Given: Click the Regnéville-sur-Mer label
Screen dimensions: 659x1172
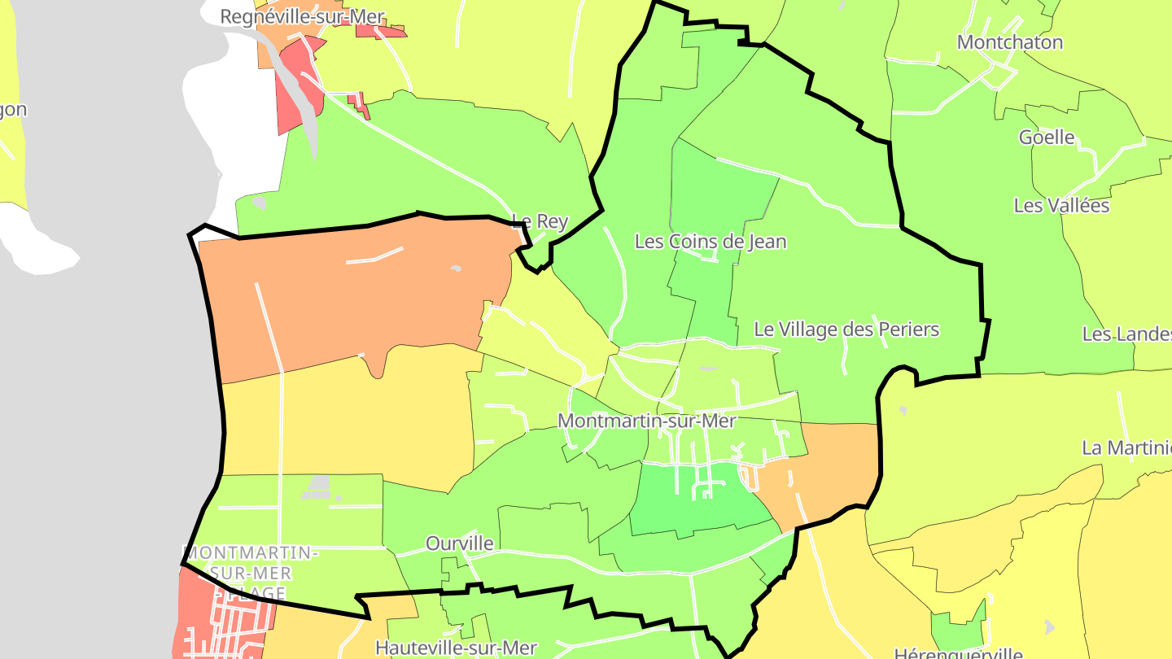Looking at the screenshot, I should point(302,17).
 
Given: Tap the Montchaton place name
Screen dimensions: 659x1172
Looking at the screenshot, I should point(1009,42).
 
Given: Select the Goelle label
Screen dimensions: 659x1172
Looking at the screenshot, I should point(1047,137).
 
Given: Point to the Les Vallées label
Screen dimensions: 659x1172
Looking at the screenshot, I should point(1061,206).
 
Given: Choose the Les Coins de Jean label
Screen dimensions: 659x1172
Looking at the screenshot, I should point(710,242).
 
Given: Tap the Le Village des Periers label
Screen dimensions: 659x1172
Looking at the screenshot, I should point(846,329).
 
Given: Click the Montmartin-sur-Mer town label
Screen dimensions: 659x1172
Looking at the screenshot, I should point(647,421).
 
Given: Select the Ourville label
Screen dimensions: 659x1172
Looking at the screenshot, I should point(460,543).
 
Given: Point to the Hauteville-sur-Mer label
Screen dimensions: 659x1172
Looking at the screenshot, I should point(456,648).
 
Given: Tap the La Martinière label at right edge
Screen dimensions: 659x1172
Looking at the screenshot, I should point(1127,447).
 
